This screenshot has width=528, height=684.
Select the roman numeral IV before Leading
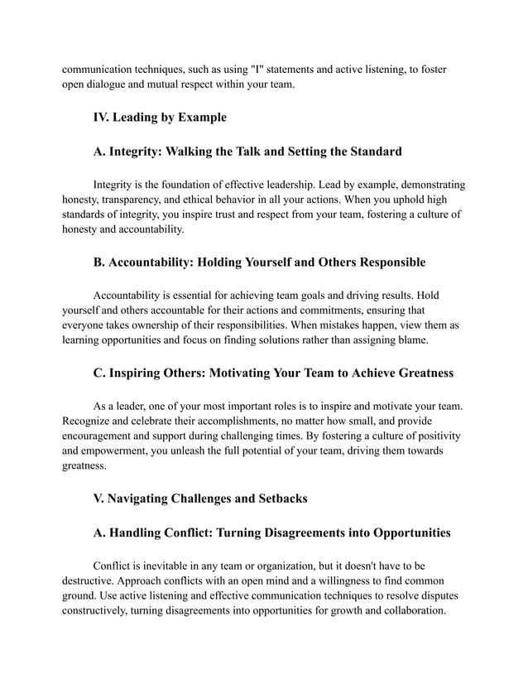coord(103,117)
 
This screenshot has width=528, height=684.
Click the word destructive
coord(92,581)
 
